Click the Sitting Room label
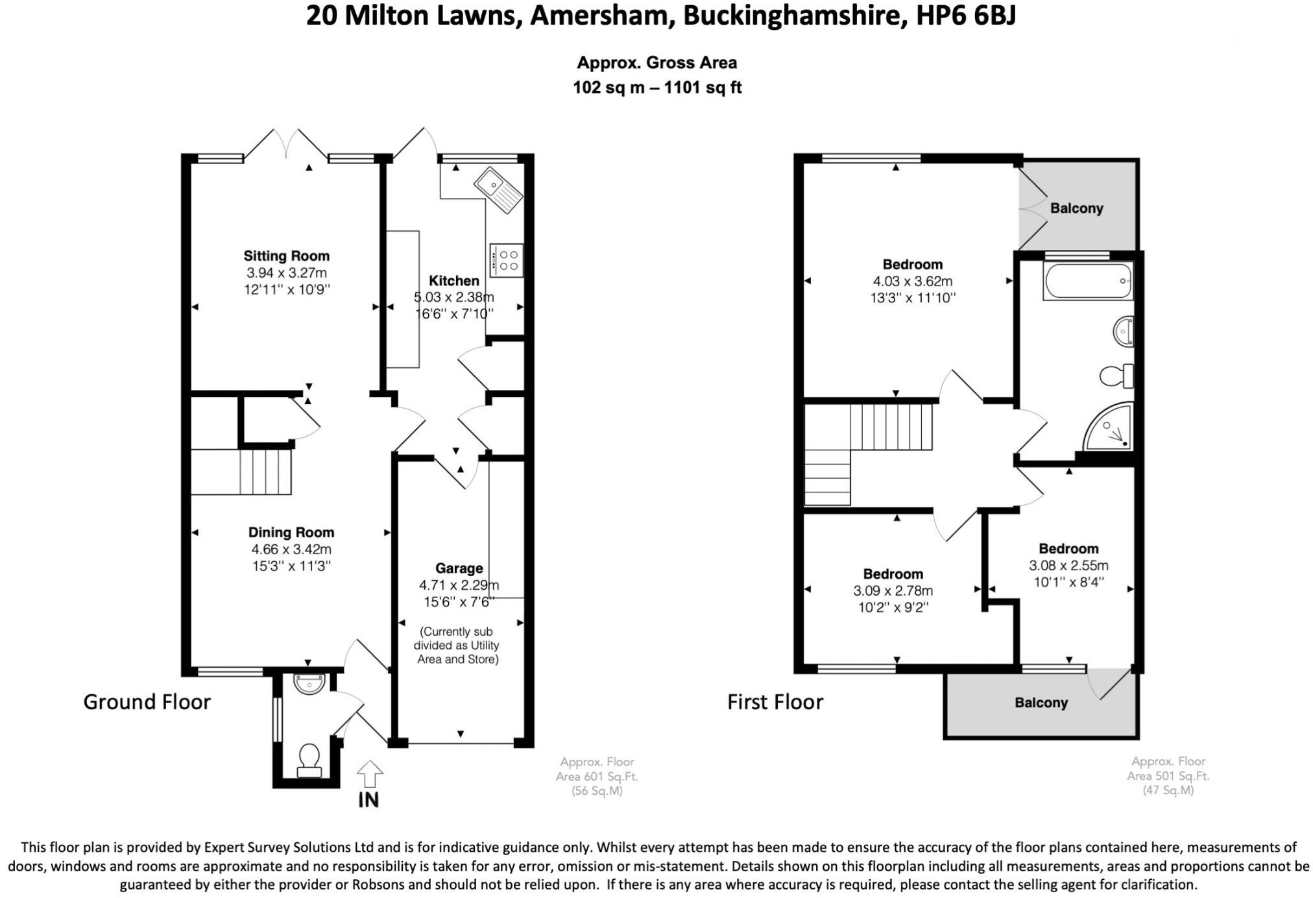point(286,256)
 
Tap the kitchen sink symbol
point(498,189)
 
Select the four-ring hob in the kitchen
point(506,260)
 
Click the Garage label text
point(459,568)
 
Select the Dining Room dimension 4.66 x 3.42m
point(291,550)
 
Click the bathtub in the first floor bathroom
point(1087,281)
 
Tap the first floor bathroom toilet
point(1116,375)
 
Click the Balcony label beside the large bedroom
point(1076,208)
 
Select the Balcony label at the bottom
point(1041,703)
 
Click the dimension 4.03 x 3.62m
point(912,282)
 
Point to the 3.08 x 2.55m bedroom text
point(1068,565)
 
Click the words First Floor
point(775,702)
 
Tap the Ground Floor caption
point(147,702)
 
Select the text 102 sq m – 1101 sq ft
point(656,88)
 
